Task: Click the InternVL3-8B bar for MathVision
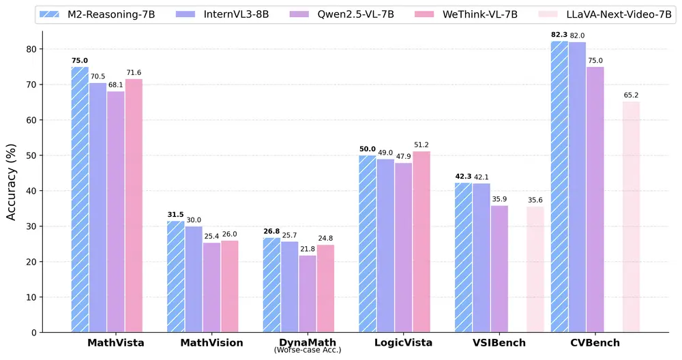click(x=194, y=279)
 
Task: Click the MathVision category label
click(x=213, y=343)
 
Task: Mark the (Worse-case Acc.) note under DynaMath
click(x=307, y=350)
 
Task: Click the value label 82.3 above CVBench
click(x=559, y=33)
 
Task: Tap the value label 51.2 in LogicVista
click(x=421, y=144)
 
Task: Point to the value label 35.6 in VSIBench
click(x=535, y=199)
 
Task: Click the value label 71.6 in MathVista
click(x=134, y=72)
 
